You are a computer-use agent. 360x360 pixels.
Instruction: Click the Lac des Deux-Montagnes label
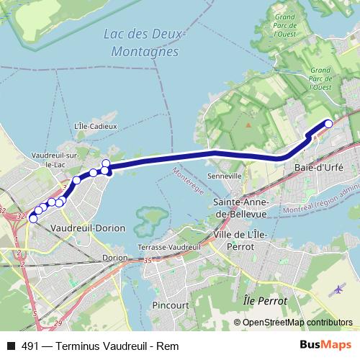(145, 43)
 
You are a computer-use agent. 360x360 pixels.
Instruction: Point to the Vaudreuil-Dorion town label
(89, 228)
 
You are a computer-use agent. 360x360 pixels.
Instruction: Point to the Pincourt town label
(171, 305)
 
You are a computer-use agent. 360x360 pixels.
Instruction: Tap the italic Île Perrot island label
(265, 300)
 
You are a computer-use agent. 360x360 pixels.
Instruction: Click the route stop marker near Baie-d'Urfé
(329, 123)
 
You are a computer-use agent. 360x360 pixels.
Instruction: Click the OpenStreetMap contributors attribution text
(297, 322)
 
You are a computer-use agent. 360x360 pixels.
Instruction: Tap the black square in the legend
(10, 346)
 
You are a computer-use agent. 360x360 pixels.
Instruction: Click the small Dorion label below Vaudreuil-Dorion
(115, 257)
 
